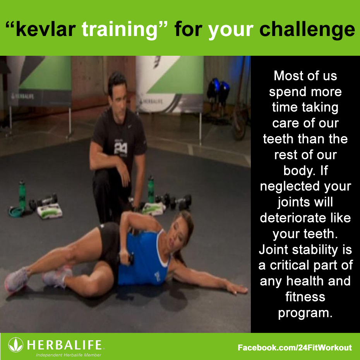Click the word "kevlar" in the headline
coord(46,29)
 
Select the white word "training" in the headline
coord(119,30)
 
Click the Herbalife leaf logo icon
coord(15,345)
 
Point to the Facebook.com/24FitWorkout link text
coord(295,347)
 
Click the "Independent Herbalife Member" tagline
coord(69,355)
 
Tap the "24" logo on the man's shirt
coord(120,148)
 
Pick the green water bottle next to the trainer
coord(151,189)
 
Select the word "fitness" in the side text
coord(305,297)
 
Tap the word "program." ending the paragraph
coord(305,313)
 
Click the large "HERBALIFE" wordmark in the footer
coord(64,345)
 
